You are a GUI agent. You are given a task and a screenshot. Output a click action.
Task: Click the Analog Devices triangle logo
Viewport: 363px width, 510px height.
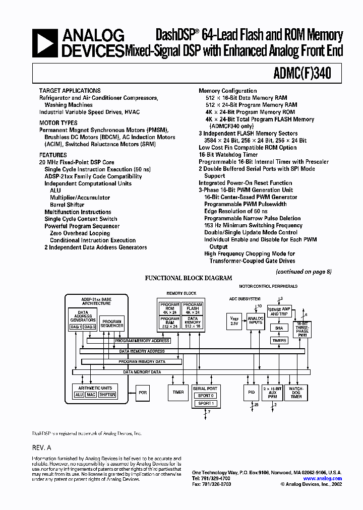44,42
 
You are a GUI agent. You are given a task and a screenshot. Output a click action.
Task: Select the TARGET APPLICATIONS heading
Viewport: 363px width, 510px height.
70,91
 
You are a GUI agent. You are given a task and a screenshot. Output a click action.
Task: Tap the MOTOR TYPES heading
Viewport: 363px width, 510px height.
58,122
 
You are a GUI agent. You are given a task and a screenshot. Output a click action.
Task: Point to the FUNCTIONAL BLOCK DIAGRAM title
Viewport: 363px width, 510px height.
189,278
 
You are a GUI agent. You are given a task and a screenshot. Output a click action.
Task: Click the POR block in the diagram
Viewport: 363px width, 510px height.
143,392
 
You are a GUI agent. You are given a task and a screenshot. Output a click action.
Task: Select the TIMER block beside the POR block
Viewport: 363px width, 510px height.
178,392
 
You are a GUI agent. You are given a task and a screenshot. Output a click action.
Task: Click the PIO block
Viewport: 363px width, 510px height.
252,393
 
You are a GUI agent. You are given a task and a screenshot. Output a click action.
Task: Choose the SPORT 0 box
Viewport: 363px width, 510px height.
205,396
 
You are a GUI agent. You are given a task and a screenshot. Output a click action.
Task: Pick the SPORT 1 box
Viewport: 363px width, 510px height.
205,403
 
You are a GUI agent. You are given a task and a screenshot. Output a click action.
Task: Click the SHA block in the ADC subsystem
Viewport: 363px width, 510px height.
279,328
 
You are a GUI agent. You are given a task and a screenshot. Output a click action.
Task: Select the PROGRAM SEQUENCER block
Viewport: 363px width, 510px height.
111,323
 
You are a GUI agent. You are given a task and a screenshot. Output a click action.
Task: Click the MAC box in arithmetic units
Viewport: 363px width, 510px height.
91,395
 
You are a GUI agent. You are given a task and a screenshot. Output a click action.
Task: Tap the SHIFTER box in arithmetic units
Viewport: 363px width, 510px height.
107,395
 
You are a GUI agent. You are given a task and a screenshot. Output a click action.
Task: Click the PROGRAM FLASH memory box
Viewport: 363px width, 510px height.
193,308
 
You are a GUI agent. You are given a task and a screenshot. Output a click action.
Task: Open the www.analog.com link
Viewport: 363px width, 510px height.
322,478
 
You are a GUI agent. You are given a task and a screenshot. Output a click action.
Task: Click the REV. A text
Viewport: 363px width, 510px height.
42,448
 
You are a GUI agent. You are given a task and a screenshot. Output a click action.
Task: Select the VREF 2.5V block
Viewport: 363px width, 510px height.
234,321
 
